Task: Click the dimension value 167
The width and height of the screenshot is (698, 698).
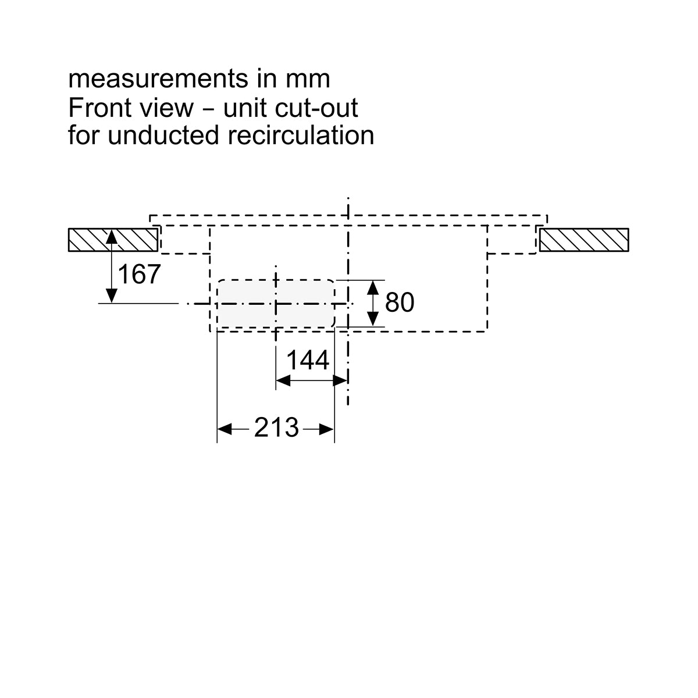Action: pyautogui.click(x=139, y=274)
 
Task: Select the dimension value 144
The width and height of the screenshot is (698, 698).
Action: pyautogui.click(x=308, y=360)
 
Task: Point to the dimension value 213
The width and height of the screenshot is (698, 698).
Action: pyautogui.click(x=276, y=428)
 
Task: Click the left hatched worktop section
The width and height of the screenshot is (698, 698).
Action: pyautogui.click(x=113, y=240)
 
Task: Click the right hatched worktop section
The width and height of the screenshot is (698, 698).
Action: pyautogui.click(x=584, y=240)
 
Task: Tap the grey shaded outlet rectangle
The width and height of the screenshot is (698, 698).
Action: pyautogui.click(x=276, y=304)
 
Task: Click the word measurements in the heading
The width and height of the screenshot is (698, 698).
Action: pyautogui.click(x=158, y=79)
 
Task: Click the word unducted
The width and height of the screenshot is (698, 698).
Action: pyautogui.click(x=163, y=136)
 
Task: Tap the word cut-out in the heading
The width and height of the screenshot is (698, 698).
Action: pyautogui.click(x=316, y=108)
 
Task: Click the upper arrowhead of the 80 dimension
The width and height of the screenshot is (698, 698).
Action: pyautogui.click(x=373, y=287)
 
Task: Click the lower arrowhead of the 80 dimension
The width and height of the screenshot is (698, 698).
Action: pyautogui.click(x=373, y=319)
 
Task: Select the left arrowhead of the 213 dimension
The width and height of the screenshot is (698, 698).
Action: pyautogui.click(x=224, y=429)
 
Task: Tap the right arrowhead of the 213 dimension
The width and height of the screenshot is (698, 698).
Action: pyautogui.click(x=326, y=429)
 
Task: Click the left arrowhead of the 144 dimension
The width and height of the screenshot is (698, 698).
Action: pyautogui.click(x=283, y=380)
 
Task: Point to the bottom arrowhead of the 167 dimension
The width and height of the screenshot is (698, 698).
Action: pyautogui.click(x=112, y=295)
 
